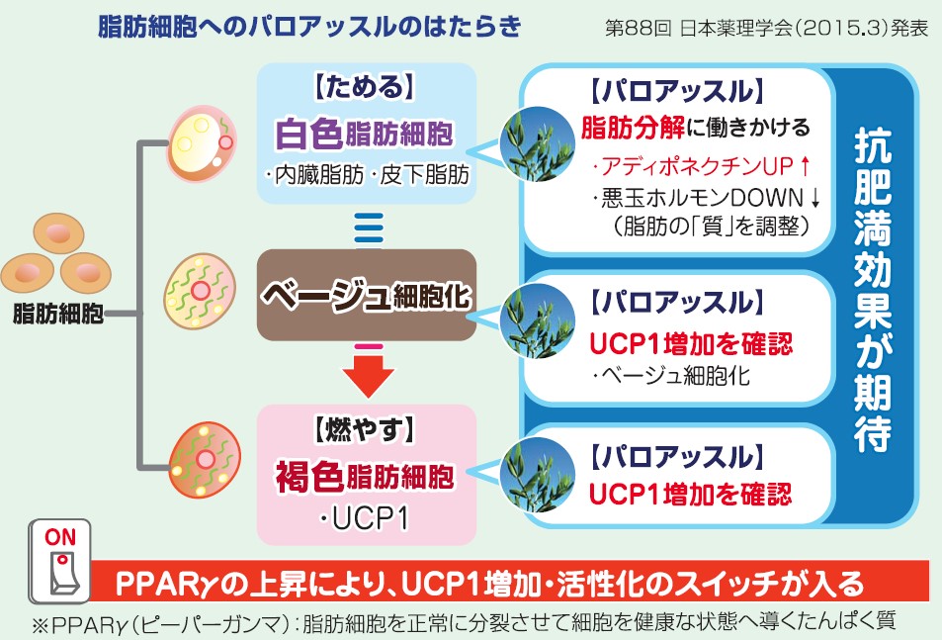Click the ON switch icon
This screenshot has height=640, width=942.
pos(59,561)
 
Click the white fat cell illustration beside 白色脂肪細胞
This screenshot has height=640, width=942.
pos(201,143)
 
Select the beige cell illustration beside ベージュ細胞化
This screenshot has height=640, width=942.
pos(200,292)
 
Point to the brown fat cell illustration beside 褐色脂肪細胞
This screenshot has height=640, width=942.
pos(205,460)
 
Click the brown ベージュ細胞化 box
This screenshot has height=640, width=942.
pos(367,295)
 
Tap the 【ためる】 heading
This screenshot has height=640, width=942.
pos(365,87)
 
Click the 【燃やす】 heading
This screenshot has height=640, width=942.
pos(365,430)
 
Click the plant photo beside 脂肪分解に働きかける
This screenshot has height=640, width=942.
pos(537,144)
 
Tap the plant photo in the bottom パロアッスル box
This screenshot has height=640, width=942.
pos(538,476)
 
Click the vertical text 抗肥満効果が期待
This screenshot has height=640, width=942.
pos(873,290)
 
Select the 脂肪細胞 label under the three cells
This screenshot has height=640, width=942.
pos(58,314)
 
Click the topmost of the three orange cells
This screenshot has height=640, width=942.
pos(58,233)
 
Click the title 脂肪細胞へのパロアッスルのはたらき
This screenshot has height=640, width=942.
pos(308,28)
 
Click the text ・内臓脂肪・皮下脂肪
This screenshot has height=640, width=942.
pos(367,175)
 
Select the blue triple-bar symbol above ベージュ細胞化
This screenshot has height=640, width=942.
pos(369,228)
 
